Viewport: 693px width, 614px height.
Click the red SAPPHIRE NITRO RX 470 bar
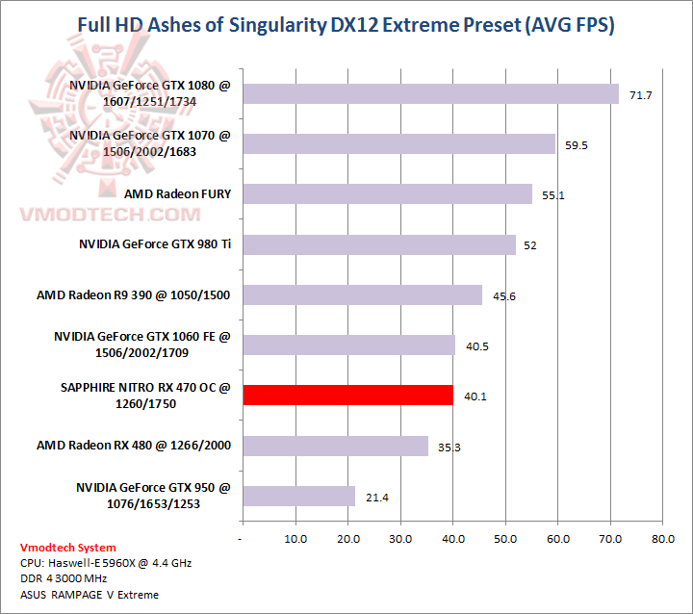pyautogui.click(x=347, y=396)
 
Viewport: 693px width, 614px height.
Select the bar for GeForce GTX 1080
pyautogui.click(x=430, y=93)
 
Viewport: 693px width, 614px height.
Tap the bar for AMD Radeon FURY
pyautogui.click(x=387, y=194)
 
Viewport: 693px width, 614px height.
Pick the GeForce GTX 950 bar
pyautogui.click(x=298, y=497)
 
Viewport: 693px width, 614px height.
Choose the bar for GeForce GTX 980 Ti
pyautogui.click(x=379, y=244)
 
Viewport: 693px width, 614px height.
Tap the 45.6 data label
pyautogui.click(x=504, y=296)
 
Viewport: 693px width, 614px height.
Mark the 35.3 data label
pyautogui.click(x=450, y=448)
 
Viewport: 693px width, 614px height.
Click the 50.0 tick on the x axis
pyautogui.click(x=504, y=540)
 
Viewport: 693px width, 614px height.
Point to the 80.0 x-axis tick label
pyautogui.click(x=662, y=540)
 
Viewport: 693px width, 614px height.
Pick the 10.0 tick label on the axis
pyautogui.click(x=295, y=540)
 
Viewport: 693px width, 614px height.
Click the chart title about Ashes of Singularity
pyautogui.click(x=346, y=24)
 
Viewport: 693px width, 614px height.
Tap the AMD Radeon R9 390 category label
pyautogui.click(x=134, y=294)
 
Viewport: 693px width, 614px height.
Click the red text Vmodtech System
pyautogui.click(x=67, y=548)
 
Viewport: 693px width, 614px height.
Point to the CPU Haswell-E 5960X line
pyautogui.click(x=106, y=563)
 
